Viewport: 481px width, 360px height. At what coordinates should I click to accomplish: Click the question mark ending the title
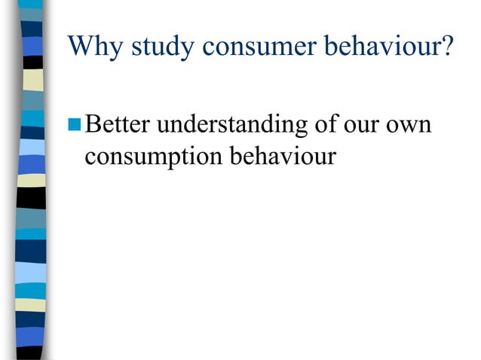tap(449, 46)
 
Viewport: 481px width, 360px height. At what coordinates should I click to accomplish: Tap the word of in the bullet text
tap(325, 124)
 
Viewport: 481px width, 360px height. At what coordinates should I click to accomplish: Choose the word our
tap(364, 126)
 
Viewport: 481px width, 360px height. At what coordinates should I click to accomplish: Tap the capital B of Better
tap(93, 124)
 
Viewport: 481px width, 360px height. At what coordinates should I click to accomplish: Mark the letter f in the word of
tap(331, 124)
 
